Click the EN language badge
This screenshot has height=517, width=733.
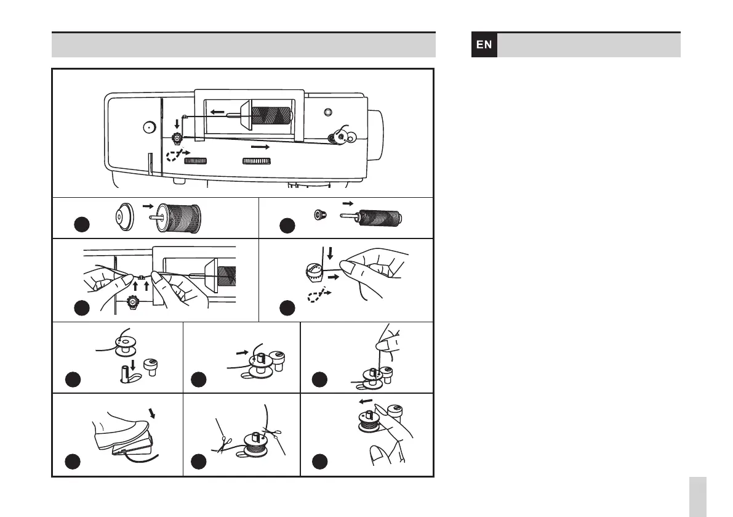click(x=484, y=45)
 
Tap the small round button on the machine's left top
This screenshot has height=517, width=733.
click(x=147, y=128)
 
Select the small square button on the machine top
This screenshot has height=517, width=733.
click(x=327, y=112)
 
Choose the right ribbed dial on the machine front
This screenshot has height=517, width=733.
click(x=256, y=161)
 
